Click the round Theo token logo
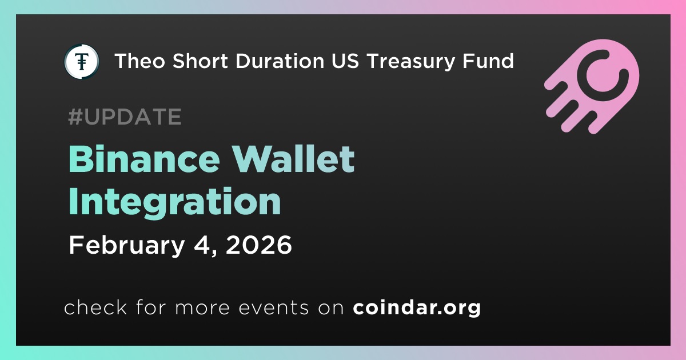82,61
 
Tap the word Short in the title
200,61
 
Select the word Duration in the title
280,61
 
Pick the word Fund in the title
488,61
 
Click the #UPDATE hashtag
125,117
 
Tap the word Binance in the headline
144,159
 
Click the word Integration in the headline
174,203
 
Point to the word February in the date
127,246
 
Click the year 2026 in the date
259,245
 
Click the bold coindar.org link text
417,307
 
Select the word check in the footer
95,307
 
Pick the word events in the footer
274,307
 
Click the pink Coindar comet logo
592,86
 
